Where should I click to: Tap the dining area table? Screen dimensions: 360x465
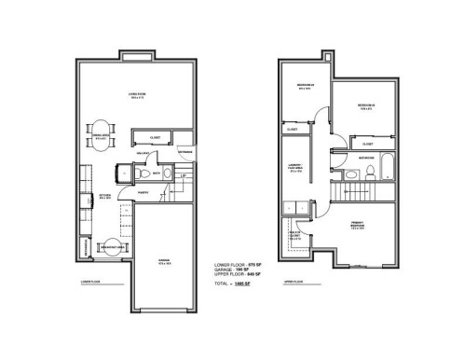(x=100, y=132)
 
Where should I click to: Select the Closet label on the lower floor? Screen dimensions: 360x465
(x=156, y=137)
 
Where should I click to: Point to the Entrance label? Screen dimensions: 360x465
(x=185, y=152)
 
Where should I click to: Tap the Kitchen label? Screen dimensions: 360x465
(x=106, y=197)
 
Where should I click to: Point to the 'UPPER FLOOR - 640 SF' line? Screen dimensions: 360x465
(x=236, y=277)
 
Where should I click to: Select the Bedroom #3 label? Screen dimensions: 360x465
(x=364, y=106)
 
